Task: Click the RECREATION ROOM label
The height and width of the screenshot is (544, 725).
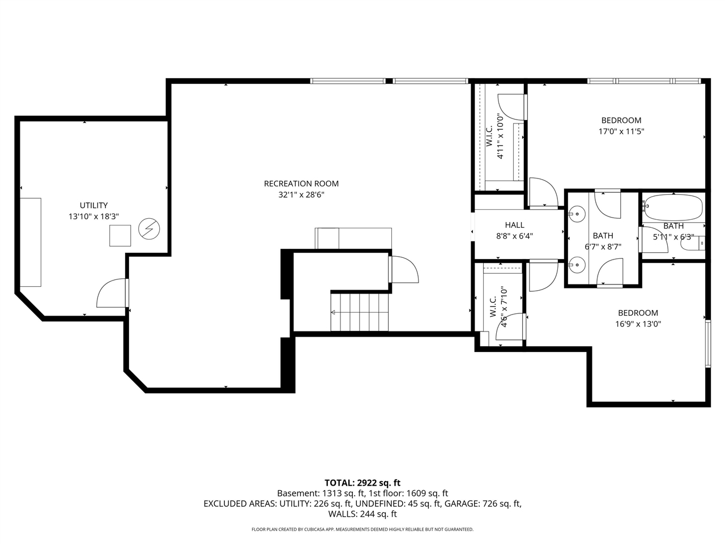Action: pos(301,184)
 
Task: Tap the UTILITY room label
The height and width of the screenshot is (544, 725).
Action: pos(93,206)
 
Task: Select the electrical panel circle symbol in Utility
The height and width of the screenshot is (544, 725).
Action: pos(149,229)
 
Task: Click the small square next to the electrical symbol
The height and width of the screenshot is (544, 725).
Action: pos(120,235)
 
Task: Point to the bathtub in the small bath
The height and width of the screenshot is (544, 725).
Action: pos(673,207)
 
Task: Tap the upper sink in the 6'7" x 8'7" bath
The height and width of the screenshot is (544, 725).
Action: pos(577,214)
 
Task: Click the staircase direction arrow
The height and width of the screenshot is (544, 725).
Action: pos(334,312)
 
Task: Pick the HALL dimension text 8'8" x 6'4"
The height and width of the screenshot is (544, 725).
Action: pos(515,236)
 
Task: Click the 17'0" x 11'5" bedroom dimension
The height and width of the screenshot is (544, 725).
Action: pos(621,131)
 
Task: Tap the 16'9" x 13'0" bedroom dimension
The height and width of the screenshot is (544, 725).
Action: pos(638,324)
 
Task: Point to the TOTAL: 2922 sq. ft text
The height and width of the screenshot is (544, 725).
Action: pos(362,483)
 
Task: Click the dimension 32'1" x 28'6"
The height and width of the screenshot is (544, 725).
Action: pos(301,194)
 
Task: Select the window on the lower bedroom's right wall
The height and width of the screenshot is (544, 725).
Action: pos(707,344)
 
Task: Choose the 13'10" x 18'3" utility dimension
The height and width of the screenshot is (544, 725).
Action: pos(93,216)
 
